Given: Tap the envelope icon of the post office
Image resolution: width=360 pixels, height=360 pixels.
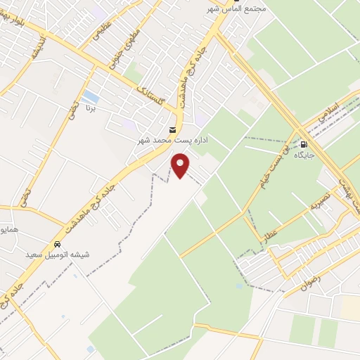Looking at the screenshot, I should [x=173, y=129].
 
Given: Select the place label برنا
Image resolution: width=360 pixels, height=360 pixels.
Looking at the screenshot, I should [x=85, y=110].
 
